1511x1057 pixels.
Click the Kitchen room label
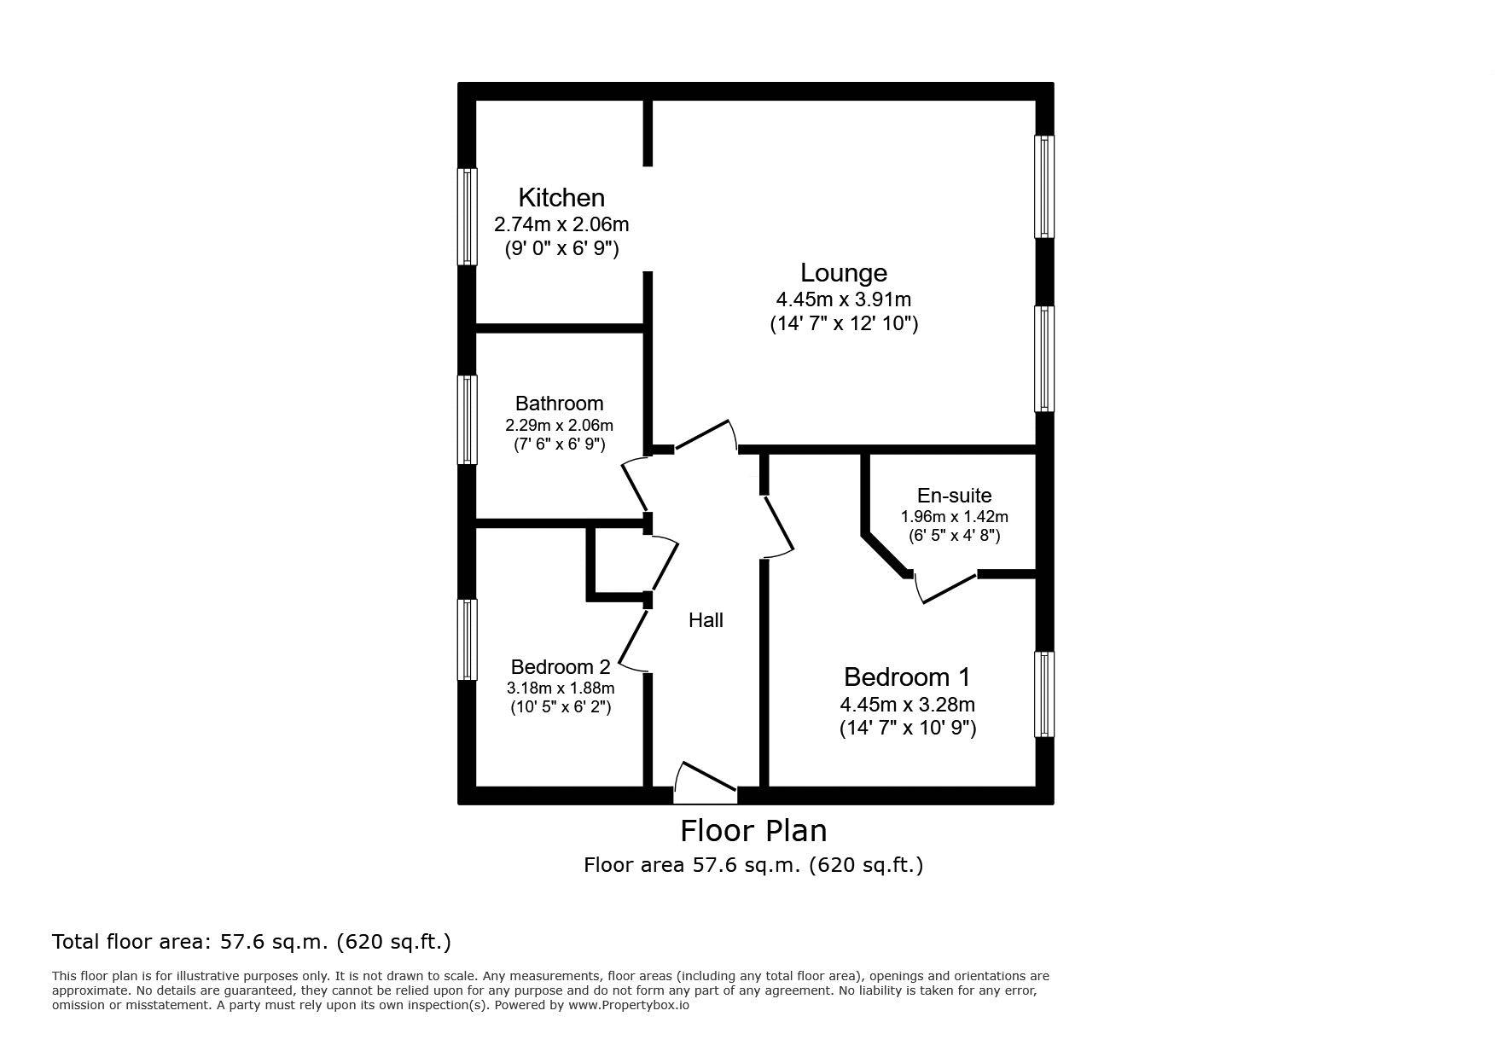(561, 198)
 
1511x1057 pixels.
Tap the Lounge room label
(844, 273)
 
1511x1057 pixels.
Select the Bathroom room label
(559, 404)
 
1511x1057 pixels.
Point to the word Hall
(706, 620)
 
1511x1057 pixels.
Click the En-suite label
(954, 496)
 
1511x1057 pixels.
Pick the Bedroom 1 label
(907, 677)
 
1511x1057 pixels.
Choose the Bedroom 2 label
(561, 667)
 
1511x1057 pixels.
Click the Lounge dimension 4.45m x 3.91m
(843, 299)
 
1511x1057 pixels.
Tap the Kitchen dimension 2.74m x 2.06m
(561, 224)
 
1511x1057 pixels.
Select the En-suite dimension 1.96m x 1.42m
(954, 517)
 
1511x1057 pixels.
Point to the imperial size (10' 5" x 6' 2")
(561, 707)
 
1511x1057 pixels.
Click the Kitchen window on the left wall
(467, 217)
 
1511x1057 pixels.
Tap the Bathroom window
(467, 420)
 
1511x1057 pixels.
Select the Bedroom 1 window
(1044, 694)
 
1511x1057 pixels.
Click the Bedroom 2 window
(467, 640)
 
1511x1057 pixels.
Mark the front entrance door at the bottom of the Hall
(706, 783)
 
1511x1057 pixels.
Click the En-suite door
(944, 588)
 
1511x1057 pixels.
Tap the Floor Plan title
(753, 830)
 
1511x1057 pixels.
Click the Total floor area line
(252, 942)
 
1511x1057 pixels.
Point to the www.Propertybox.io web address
(629, 1005)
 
